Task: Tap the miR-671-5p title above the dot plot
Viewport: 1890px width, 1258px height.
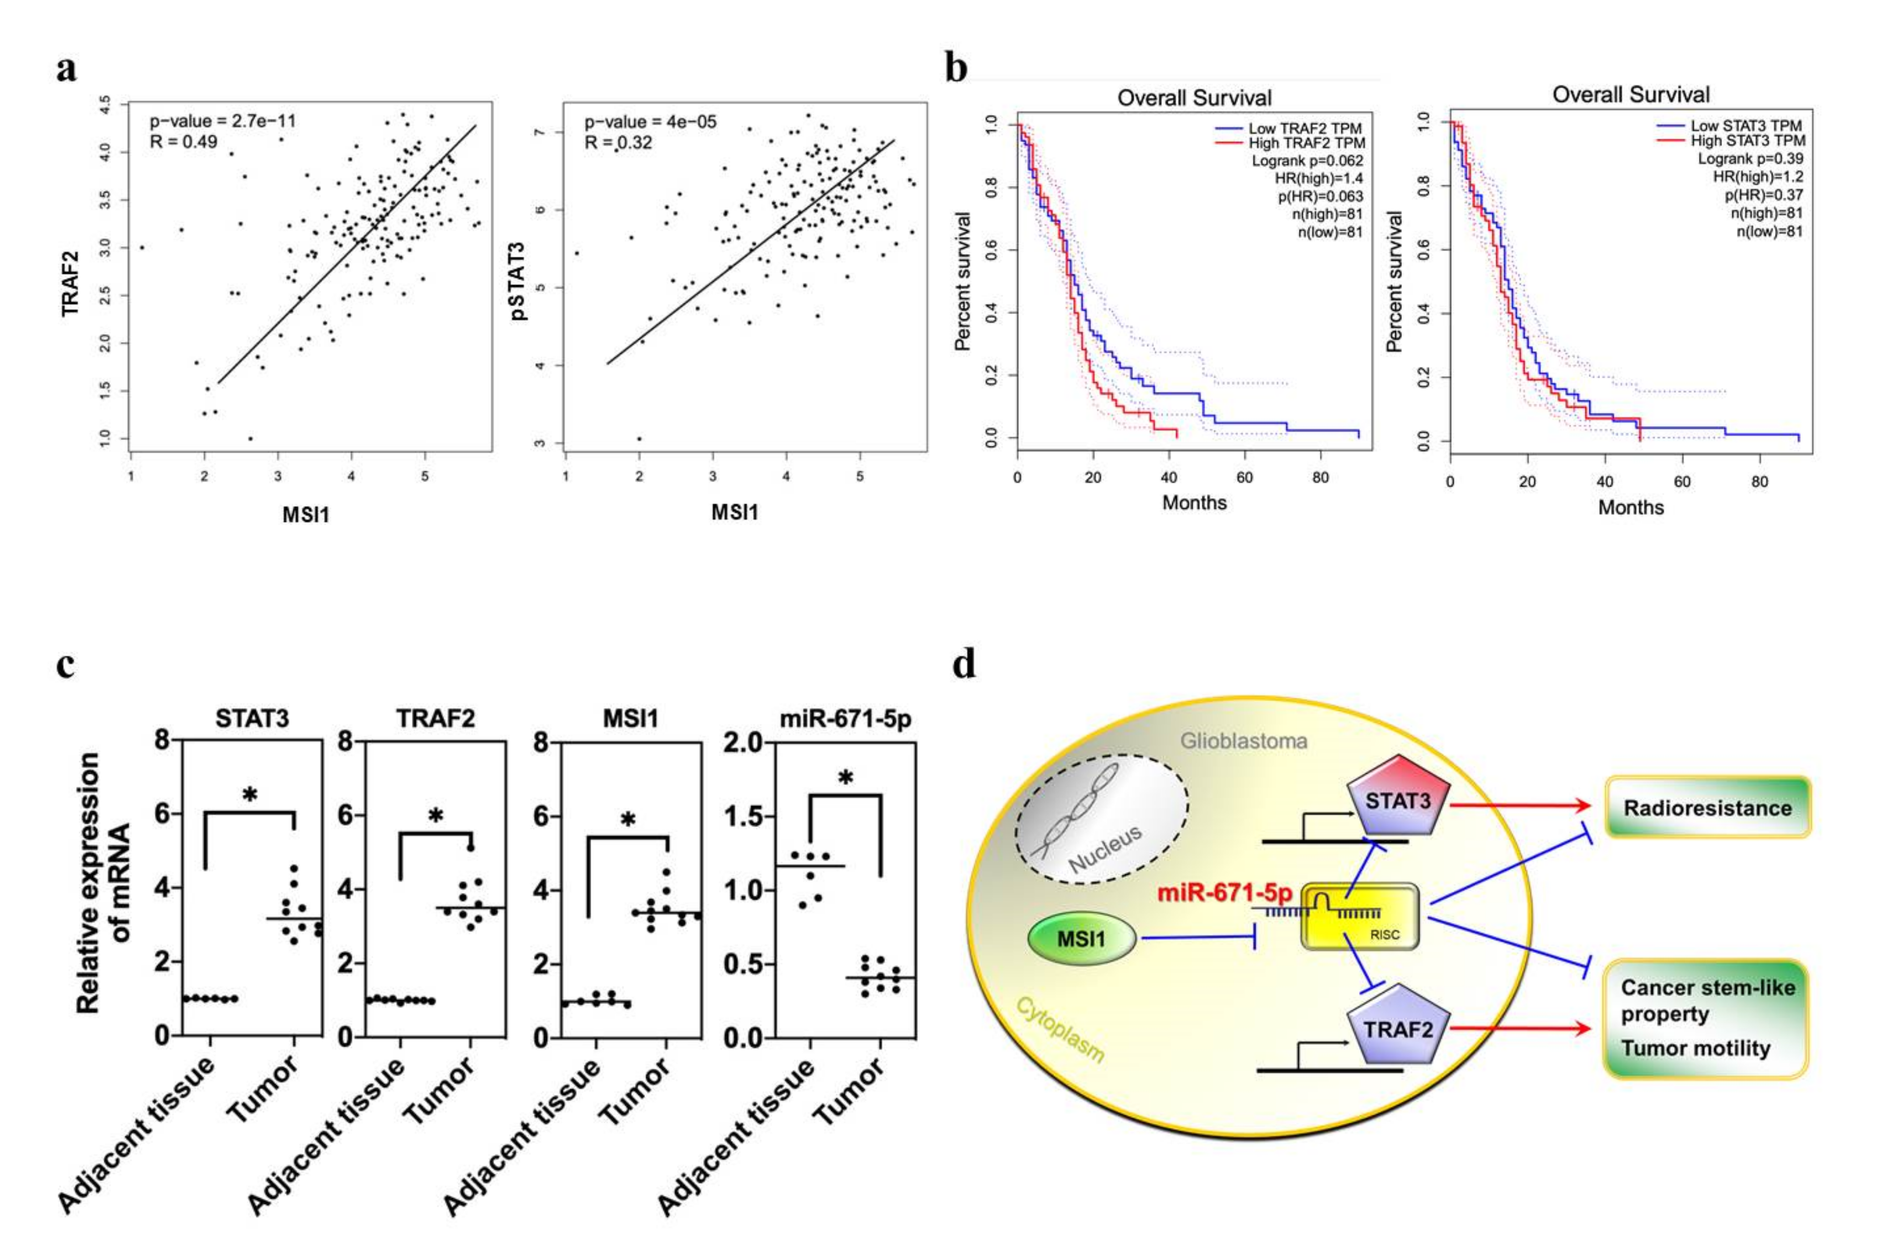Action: [846, 719]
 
